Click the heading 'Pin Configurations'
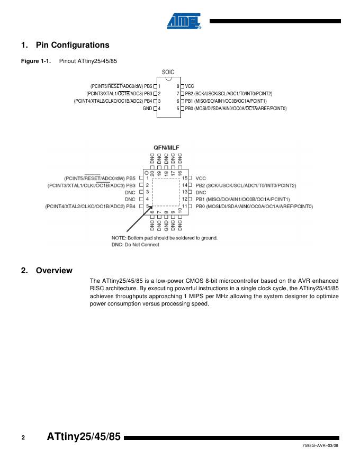(73, 45)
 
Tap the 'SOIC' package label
(168, 73)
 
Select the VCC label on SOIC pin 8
(190, 86)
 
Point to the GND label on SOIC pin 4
(147, 109)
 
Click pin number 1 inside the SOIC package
(159, 86)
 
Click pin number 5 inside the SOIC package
(178, 109)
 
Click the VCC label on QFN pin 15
(201, 178)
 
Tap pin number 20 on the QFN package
(152, 172)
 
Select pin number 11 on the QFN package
(185, 206)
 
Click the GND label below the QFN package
(166, 225)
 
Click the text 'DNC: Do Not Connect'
(136, 245)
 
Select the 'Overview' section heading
(54, 271)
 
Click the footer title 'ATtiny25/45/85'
(84, 437)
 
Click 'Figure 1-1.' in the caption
(35, 61)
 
